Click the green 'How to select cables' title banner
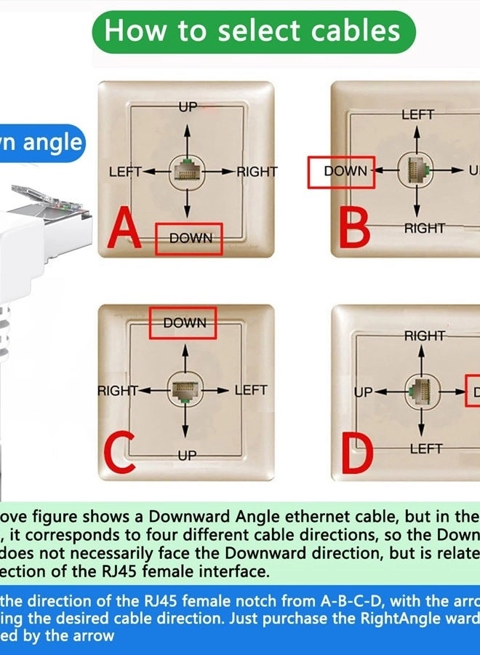coord(253,31)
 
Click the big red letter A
coord(124,229)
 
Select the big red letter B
coord(355,228)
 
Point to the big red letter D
coord(357,451)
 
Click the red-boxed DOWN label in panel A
coord(189,239)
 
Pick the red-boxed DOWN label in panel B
coord(341,172)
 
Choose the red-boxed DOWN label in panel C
coord(183,322)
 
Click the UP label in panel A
coord(188,108)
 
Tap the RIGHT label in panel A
coord(256,172)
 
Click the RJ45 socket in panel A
coord(188,172)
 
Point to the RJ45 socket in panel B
coord(417,171)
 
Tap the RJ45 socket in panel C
coord(185,390)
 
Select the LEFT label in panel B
coord(417,115)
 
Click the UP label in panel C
coord(187,456)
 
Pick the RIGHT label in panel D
coord(424,336)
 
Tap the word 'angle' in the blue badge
coord(52,143)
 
